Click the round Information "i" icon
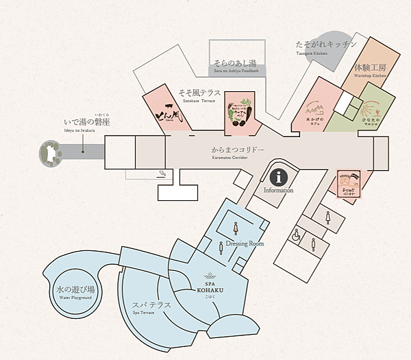278,177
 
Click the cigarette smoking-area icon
162,173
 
